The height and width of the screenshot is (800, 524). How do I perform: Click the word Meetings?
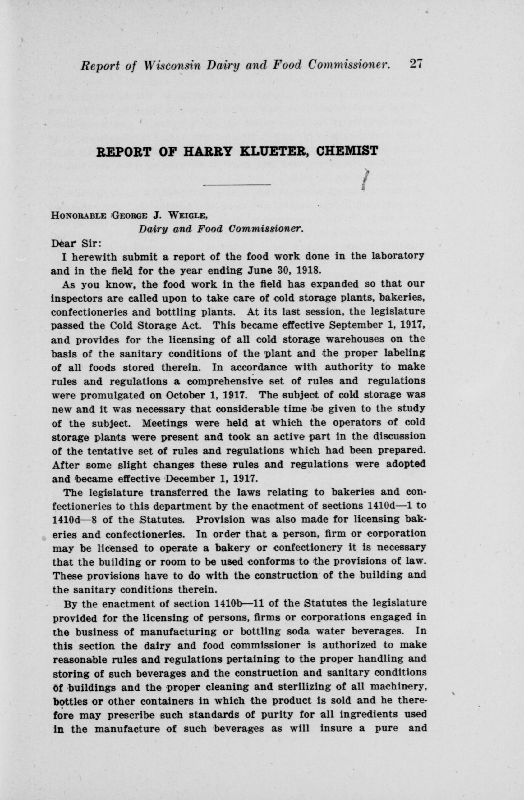click(165, 423)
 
